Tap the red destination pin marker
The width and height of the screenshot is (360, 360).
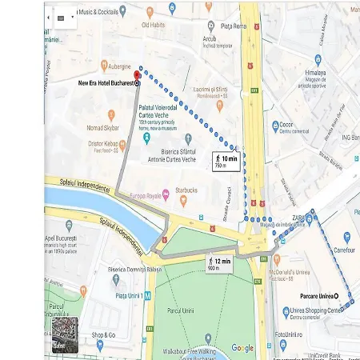pos(137,74)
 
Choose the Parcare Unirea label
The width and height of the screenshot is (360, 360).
pos(310,297)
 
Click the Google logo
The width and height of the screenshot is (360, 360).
pos(242,348)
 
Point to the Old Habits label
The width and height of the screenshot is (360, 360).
pos(154,25)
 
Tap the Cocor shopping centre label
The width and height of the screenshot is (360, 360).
pos(290,125)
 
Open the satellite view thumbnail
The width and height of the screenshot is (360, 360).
pos(65,335)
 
